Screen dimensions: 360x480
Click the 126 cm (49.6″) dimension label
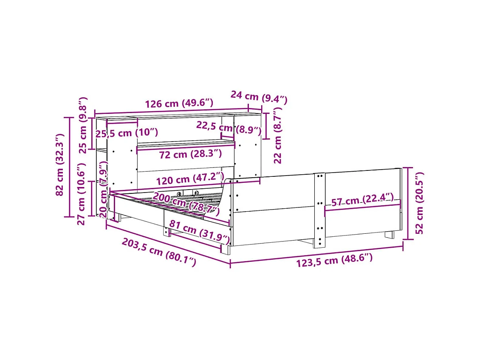(x=179, y=103)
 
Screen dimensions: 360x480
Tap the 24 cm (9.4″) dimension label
(x=259, y=98)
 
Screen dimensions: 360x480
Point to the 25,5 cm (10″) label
(x=127, y=133)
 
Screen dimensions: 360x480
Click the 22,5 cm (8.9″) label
(x=229, y=127)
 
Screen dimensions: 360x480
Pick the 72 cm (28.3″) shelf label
(x=190, y=154)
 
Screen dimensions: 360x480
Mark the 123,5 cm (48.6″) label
(x=334, y=260)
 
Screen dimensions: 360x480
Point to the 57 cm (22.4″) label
(x=362, y=200)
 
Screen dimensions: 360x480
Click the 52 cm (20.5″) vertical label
(x=419, y=203)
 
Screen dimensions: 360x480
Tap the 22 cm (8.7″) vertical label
(x=278, y=136)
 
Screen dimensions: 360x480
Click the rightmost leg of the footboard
(x=390, y=234)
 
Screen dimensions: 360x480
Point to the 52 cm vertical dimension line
(x=408, y=203)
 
